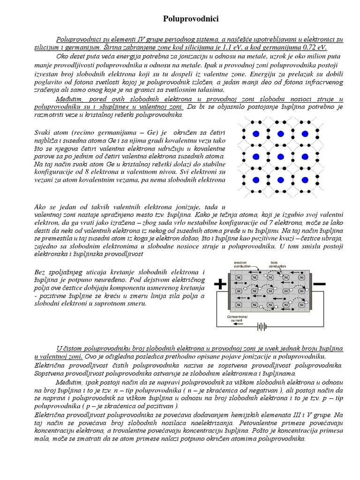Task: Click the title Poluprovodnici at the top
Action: tap(184, 19)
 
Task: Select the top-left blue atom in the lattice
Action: tap(255, 134)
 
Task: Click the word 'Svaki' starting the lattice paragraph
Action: tap(44, 132)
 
